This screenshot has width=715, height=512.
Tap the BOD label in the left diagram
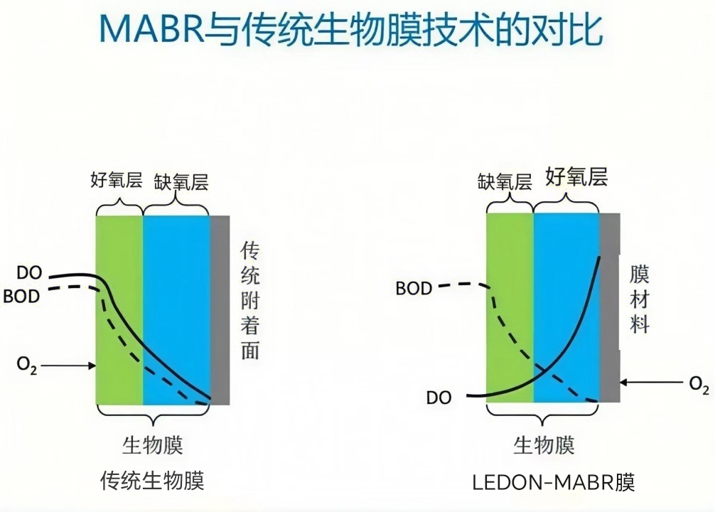click(22, 297)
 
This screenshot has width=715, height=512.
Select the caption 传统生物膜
click(153, 481)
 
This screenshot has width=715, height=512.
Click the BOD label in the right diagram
click(414, 289)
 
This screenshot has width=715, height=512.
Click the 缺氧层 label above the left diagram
click(181, 181)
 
